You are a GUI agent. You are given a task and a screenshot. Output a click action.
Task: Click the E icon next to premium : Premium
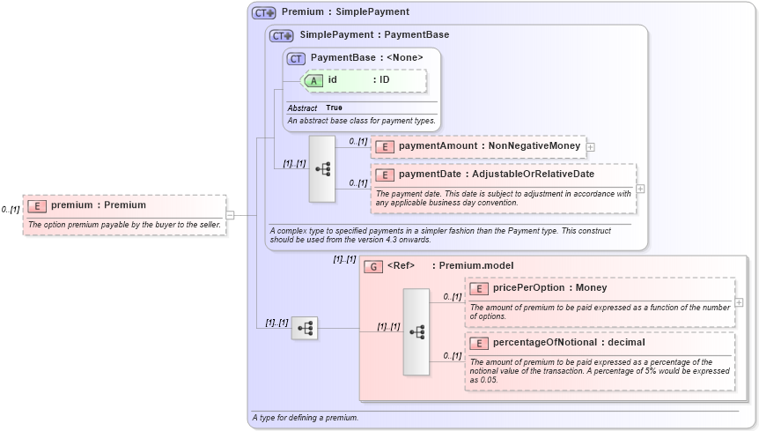click(x=37, y=205)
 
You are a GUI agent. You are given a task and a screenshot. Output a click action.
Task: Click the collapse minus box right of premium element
click(x=230, y=214)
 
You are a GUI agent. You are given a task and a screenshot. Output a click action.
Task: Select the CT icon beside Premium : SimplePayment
click(x=263, y=13)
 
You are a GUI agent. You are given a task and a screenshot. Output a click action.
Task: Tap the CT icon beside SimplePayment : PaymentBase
click(x=281, y=36)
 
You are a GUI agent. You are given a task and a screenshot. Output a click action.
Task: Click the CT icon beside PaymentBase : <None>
click(x=297, y=58)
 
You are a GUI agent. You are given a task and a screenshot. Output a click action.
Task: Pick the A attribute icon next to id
click(x=313, y=80)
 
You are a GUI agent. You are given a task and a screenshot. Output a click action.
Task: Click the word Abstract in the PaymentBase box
click(x=302, y=108)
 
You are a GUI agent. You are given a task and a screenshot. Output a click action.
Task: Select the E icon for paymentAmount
click(x=385, y=147)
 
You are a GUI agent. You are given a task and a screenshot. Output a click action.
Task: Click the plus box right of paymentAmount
click(x=591, y=147)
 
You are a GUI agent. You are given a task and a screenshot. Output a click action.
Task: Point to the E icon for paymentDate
click(x=385, y=175)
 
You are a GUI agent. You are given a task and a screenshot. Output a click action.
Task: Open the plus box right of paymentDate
click(x=640, y=189)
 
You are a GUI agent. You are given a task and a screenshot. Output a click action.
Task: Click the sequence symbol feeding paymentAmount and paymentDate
click(x=322, y=168)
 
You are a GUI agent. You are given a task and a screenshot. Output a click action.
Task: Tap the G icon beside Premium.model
click(x=373, y=266)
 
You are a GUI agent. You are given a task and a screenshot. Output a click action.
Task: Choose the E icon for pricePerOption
click(x=479, y=288)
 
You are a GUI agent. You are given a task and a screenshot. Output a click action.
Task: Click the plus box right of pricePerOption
click(x=739, y=302)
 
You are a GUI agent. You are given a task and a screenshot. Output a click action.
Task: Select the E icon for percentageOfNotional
click(x=479, y=342)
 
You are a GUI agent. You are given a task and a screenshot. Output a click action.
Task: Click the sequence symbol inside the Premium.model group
click(x=416, y=332)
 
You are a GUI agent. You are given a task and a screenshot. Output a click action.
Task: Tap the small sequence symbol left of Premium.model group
click(x=305, y=329)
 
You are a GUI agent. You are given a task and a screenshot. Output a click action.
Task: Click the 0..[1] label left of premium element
click(x=11, y=210)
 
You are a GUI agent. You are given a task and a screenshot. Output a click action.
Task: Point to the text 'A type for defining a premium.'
click(x=305, y=417)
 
